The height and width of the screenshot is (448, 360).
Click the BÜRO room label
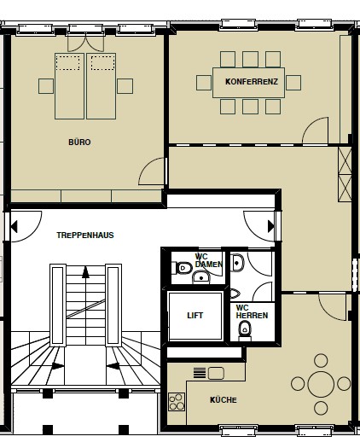79,142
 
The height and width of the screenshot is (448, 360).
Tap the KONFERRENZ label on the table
252,82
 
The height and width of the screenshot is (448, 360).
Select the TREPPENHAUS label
85,236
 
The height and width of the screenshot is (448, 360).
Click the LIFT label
195,316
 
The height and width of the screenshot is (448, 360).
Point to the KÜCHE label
224,399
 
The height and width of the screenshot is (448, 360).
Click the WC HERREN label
252,311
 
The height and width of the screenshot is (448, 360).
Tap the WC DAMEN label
208,260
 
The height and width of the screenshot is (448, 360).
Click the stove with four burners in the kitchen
177,402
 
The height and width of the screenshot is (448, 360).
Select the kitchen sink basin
216,373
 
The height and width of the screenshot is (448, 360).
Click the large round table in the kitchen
321,384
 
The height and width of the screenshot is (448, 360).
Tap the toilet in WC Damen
182,268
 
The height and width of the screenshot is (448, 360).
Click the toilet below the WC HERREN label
245,330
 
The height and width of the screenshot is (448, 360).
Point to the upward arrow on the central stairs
85,272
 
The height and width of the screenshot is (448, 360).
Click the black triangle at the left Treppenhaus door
14,227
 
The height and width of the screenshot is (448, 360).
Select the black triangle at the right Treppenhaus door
271,227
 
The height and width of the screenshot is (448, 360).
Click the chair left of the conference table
204,83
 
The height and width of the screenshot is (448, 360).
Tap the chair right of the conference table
293,83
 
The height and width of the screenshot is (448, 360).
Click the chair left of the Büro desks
46,86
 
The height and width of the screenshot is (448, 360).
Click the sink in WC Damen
201,277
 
